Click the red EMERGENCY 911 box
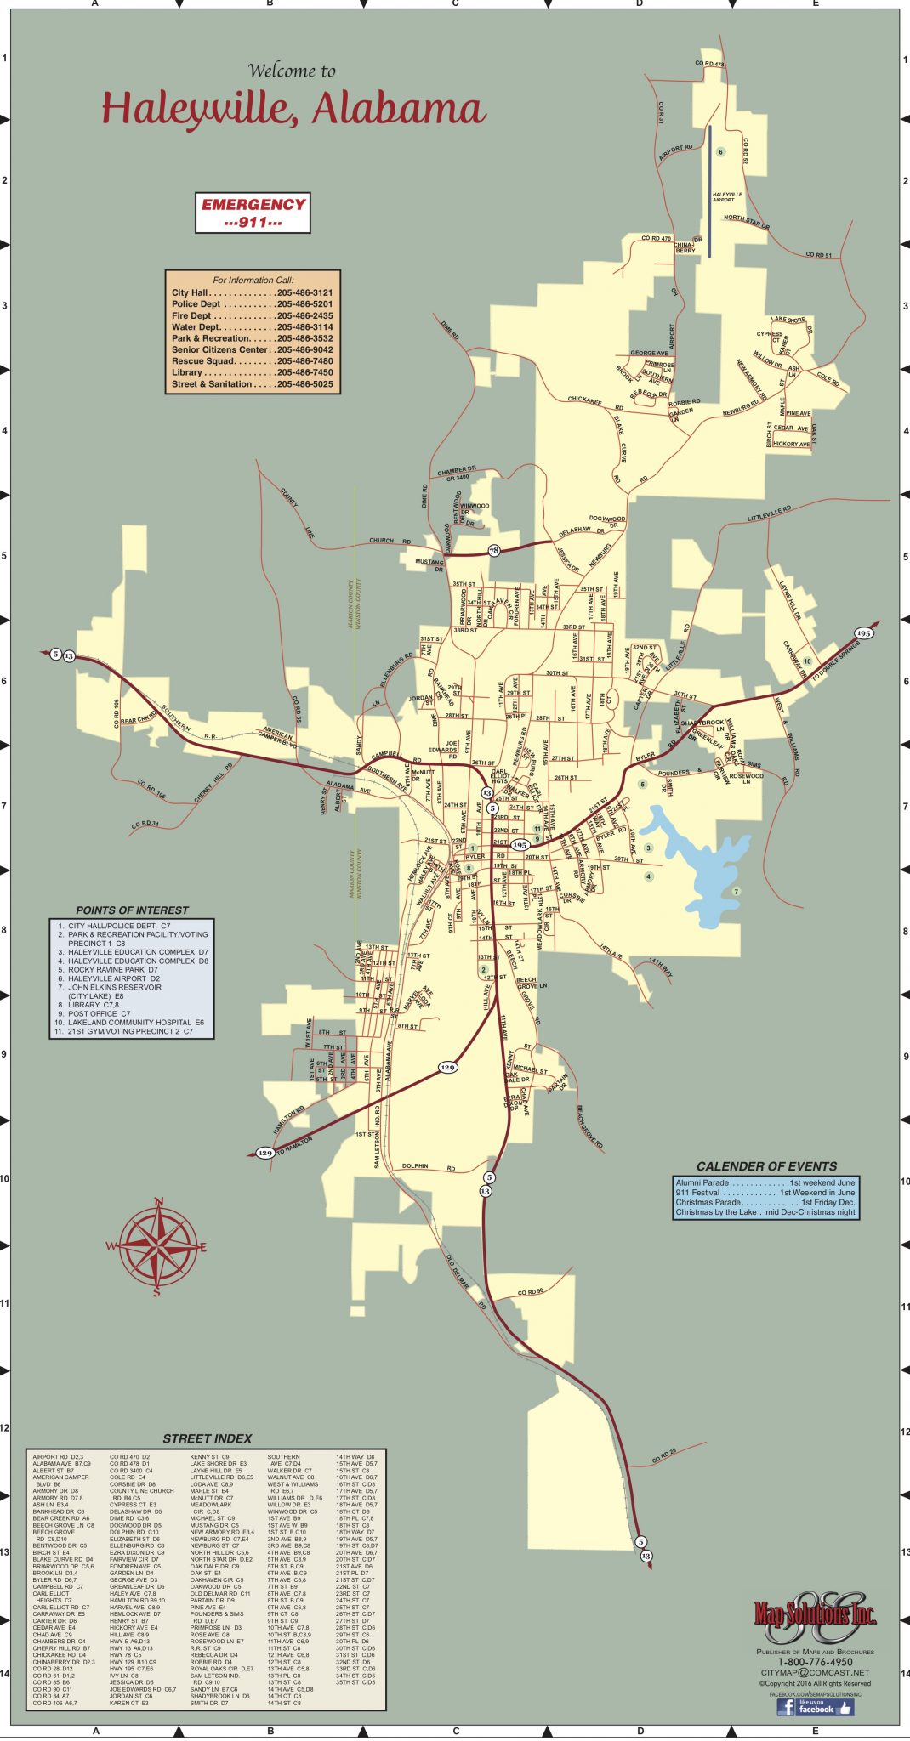(x=253, y=213)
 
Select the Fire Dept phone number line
(x=252, y=315)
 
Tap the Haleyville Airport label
(x=727, y=197)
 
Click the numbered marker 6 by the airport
(x=720, y=152)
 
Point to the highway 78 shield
(x=494, y=550)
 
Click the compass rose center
(x=157, y=1246)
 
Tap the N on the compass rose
(x=158, y=1202)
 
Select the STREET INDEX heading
(x=208, y=1438)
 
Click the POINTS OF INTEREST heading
(x=132, y=910)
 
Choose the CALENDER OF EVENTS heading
(x=766, y=1166)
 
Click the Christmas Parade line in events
(x=765, y=1203)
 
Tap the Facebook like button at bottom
(x=814, y=1707)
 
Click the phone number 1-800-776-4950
(x=815, y=1662)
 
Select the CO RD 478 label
(x=709, y=65)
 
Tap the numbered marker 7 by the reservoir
(x=737, y=891)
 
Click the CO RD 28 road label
(x=664, y=1455)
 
